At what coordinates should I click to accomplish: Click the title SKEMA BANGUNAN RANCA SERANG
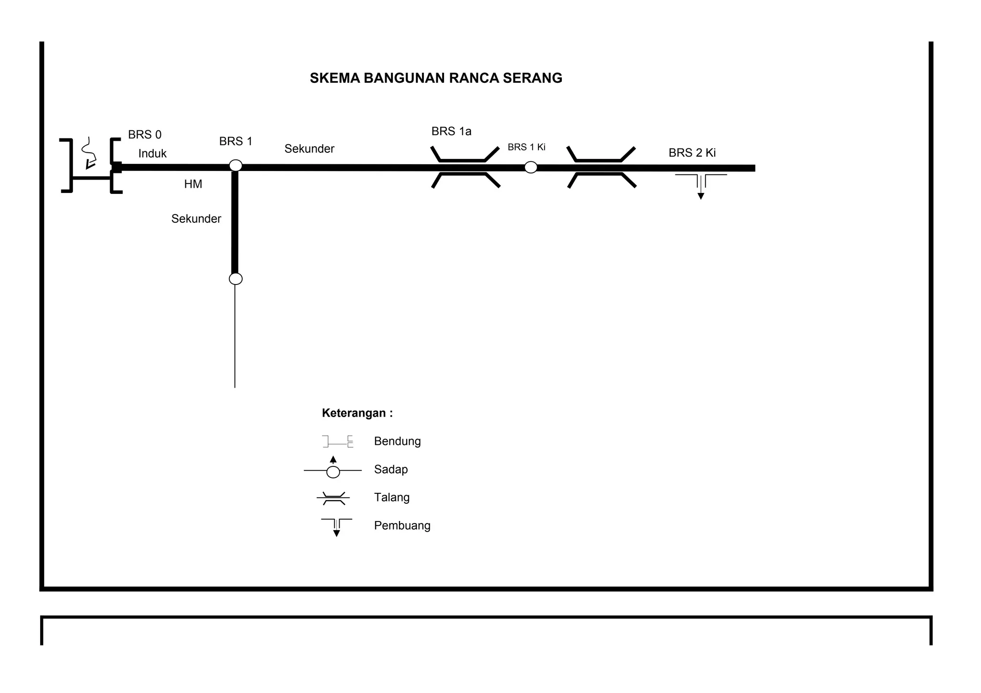pyautogui.click(x=436, y=78)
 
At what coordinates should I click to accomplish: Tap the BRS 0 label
pyautogui.click(x=145, y=135)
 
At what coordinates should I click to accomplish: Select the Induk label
pyautogui.click(x=152, y=153)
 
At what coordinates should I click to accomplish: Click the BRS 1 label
pyautogui.click(x=236, y=141)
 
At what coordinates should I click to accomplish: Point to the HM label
pyautogui.click(x=193, y=184)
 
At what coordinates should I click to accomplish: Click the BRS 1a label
pyautogui.click(x=451, y=131)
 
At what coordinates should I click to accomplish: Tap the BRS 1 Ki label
pyautogui.click(x=526, y=147)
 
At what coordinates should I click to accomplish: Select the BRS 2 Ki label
pyautogui.click(x=692, y=153)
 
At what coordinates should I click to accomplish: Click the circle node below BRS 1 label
pyautogui.click(x=236, y=165)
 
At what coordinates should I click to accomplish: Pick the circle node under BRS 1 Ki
pyautogui.click(x=531, y=167)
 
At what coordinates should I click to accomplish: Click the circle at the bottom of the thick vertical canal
pyautogui.click(x=236, y=279)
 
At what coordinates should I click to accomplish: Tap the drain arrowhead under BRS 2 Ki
pyautogui.click(x=701, y=196)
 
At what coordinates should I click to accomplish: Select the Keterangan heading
pyautogui.click(x=357, y=413)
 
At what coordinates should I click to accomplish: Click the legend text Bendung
pyautogui.click(x=398, y=441)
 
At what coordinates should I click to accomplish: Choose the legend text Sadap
pyautogui.click(x=391, y=469)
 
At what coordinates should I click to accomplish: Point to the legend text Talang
pyautogui.click(x=392, y=497)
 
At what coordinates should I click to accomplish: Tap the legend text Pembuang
pyautogui.click(x=402, y=525)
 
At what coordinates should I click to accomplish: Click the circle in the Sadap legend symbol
pyautogui.click(x=333, y=472)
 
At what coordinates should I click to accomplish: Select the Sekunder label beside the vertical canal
pyautogui.click(x=196, y=219)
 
